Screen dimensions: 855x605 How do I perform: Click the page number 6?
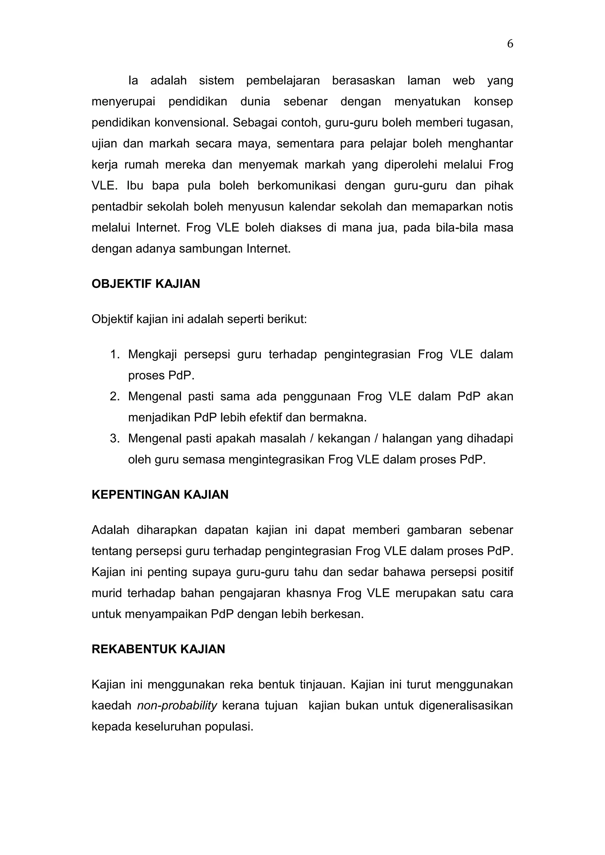510,44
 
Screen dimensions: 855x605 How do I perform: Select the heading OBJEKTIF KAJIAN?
146,284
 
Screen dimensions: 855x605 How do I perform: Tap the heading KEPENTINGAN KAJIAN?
160,494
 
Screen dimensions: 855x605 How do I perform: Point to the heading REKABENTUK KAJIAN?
158,649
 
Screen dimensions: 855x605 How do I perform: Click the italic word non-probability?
177,706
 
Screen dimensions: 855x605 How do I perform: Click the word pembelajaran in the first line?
283,81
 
